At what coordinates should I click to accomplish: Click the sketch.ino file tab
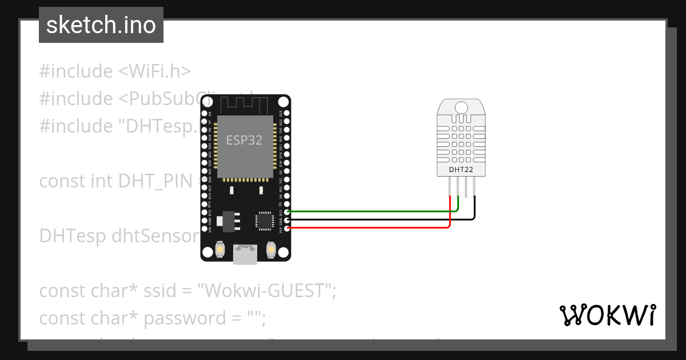click(x=101, y=25)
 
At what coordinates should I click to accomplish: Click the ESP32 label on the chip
click(x=244, y=140)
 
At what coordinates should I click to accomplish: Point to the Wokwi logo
click(x=607, y=315)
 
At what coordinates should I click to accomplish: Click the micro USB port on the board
click(x=245, y=254)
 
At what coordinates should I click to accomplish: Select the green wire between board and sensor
click(x=372, y=211)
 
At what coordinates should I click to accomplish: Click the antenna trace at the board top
click(x=244, y=105)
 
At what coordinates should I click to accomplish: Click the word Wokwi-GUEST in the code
click(x=268, y=291)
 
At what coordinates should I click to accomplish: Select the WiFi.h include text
click(x=154, y=71)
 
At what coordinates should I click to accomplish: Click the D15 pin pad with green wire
click(x=287, y=211)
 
